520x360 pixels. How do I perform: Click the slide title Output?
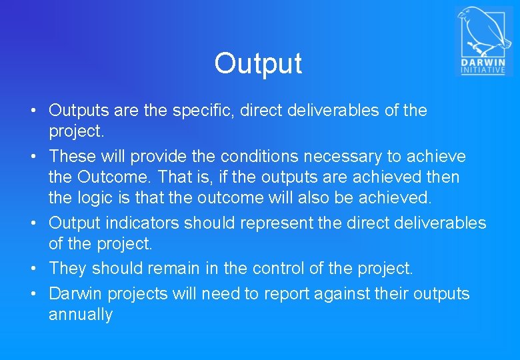pyautogui.click(x=258, y=63)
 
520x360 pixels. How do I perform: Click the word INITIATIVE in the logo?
pyautogui.click(x=483, y=70)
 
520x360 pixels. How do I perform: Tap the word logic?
pyautogui.click(x=95, y=198)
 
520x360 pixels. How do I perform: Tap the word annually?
pyautogui.click(x=81, y=315)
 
